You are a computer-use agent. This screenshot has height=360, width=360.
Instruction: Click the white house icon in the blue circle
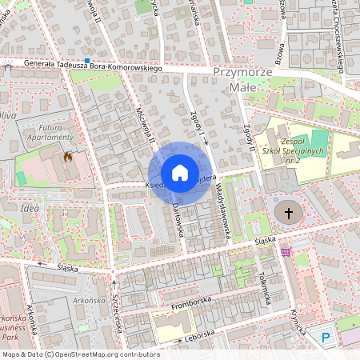179,173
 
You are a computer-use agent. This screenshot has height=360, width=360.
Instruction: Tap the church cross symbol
289,213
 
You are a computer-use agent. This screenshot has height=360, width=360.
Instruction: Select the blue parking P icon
326,338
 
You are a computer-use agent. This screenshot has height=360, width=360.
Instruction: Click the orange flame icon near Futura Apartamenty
68,158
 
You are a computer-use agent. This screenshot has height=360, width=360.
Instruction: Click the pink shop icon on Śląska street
286,252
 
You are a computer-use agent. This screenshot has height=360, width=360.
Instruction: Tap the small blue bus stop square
86,61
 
